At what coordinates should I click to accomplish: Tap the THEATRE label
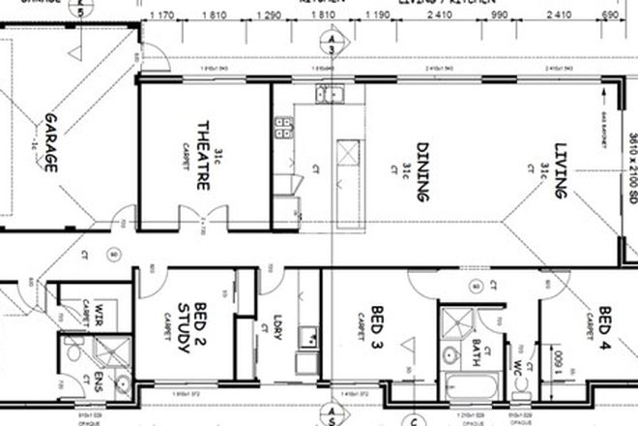204,156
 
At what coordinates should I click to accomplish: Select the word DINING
421,172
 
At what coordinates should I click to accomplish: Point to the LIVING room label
560,172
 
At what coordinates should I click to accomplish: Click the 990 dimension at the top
499,16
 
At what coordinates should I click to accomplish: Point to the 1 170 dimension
162,16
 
